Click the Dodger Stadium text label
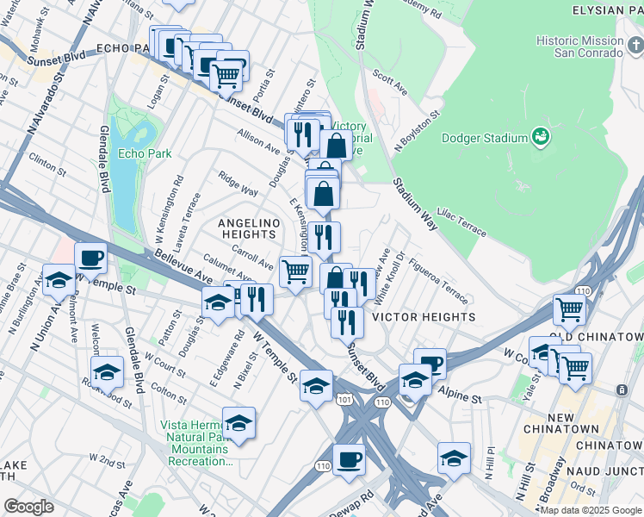484,138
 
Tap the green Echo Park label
145,154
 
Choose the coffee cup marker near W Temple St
90,257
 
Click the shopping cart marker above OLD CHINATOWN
569,308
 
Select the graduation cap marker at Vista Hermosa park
238,422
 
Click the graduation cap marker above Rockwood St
107,371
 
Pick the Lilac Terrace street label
463,226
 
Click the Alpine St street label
464,398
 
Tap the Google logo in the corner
28,507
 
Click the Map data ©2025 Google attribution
590,510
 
